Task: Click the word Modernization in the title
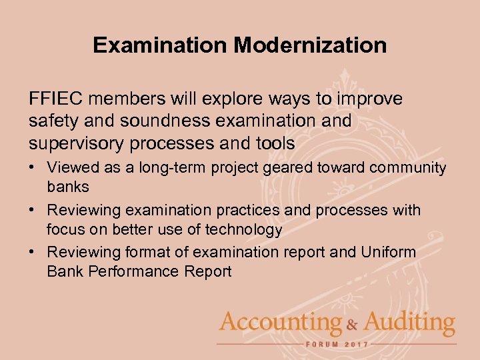point(310,45)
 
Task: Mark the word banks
point(68,187)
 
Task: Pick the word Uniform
point(389,252)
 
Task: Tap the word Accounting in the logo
point(280,324)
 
